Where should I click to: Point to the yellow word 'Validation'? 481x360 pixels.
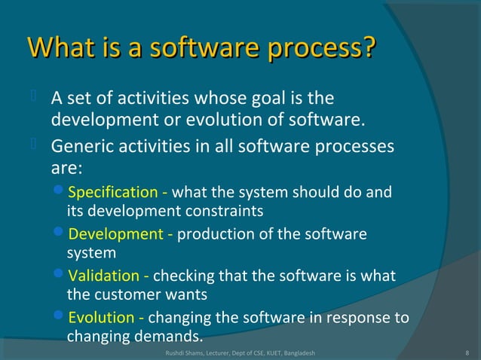tap(103, 276)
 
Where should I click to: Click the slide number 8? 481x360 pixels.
tap(468, 352)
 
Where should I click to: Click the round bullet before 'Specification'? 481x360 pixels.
tap(61, 191)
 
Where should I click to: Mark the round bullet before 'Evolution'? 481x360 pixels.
tap(61, 317)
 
